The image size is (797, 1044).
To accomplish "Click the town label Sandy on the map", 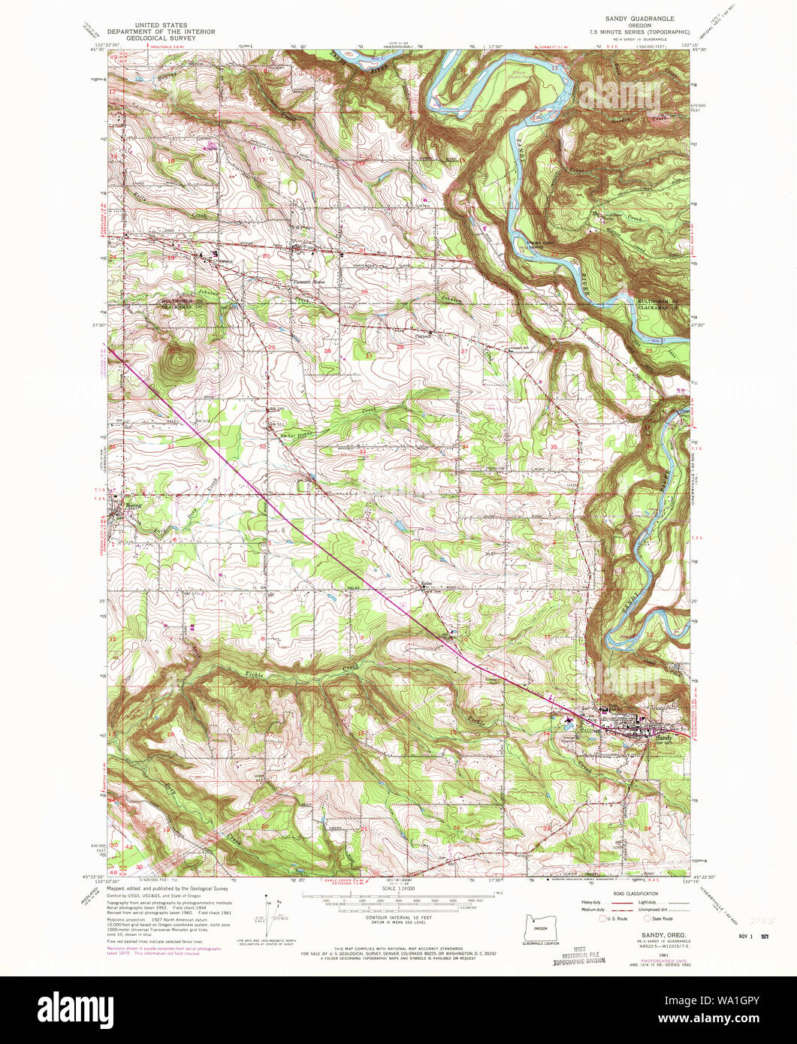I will pos(663,738).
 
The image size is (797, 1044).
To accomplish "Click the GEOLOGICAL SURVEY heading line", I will pos(161,39).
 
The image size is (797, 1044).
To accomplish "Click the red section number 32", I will pos(262,446).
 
